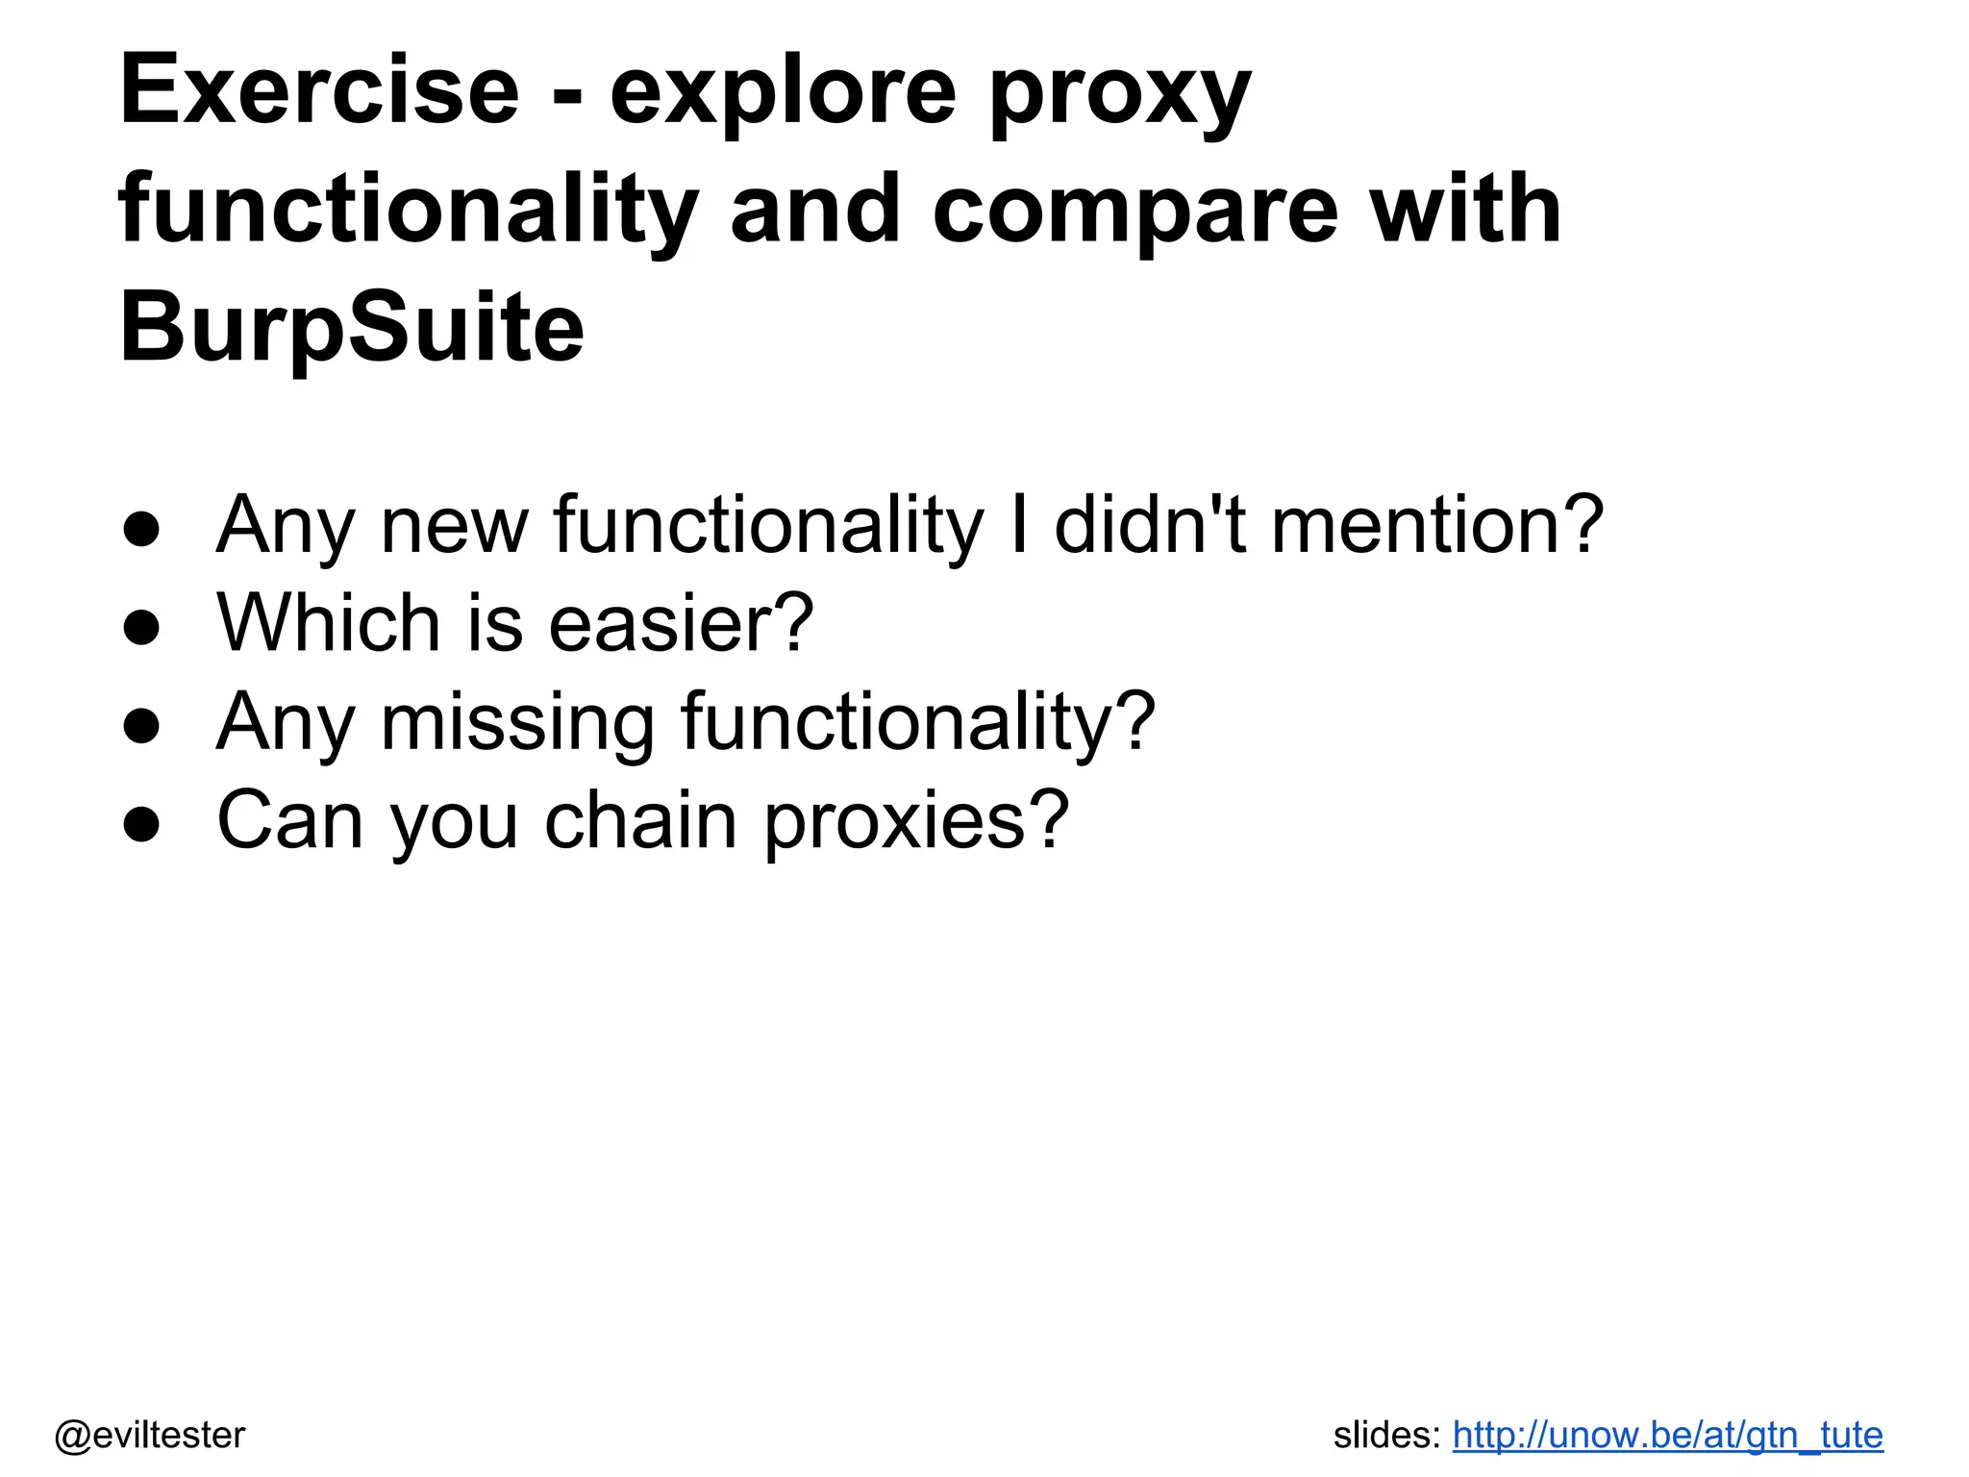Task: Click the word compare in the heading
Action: [x=1134, y=212]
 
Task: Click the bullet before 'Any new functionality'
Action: [x=141, y=528]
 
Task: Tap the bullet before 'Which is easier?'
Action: [x=141, y=627]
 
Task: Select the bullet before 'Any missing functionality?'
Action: [x=141, y=725]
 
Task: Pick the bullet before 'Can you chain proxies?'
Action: [x=141, y=824]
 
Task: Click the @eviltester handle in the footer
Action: [x=150, y=1435]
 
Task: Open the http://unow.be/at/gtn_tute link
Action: [x=1667, y=1435]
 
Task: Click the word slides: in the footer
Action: [x=1386, y=1435]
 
